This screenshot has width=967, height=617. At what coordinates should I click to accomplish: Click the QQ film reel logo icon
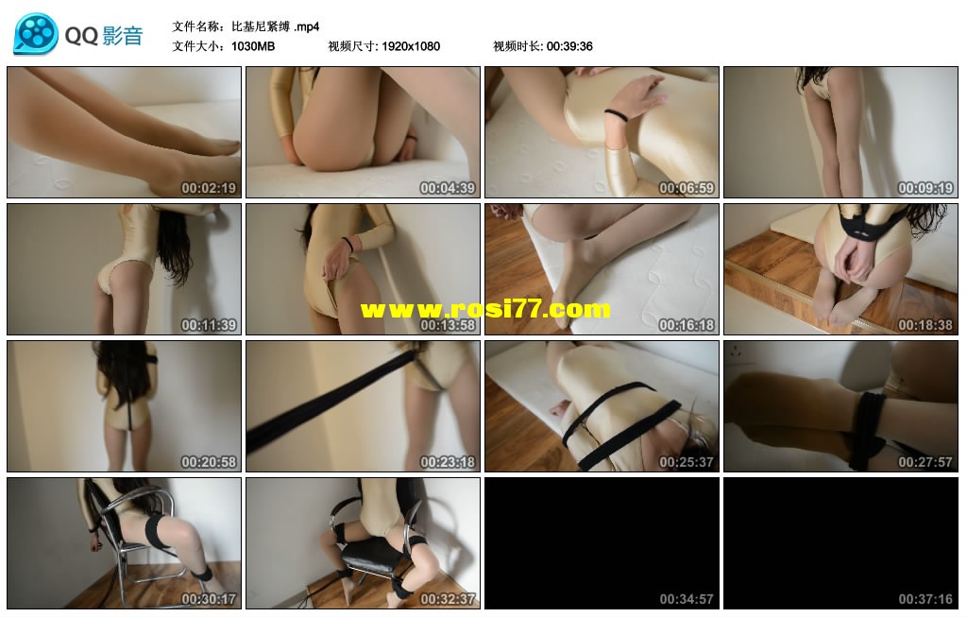coord(36,34)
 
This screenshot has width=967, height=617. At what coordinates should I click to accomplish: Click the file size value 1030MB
coord(253,46)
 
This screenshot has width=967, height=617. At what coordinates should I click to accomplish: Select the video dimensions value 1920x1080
coord(411,46)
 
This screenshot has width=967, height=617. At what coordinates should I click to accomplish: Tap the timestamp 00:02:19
coord(209,188)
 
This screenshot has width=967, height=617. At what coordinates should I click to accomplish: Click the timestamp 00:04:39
coord(448,188)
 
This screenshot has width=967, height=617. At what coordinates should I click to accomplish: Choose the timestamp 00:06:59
coord(687,188)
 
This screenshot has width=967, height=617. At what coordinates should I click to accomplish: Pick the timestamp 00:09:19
coord(925,188)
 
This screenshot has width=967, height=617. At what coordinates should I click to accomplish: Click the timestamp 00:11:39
coord(209,325)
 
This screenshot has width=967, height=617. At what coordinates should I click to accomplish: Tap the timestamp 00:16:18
coord(687,325)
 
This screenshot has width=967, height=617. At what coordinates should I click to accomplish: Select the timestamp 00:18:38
coord(925,325)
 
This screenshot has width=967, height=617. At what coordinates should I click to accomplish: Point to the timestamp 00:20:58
coord(209,462)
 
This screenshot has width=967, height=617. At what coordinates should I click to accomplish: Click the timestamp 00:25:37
coord(687,462)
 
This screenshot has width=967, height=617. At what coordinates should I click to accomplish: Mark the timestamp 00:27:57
coord(925,462)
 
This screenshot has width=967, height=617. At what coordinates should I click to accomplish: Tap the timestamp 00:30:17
coord(209,599)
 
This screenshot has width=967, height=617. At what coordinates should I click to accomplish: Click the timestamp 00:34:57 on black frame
coord(687,599)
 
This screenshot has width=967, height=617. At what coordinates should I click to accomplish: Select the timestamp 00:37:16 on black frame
coord(925,599)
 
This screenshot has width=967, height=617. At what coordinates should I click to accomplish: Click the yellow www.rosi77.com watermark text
coord(485,309)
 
